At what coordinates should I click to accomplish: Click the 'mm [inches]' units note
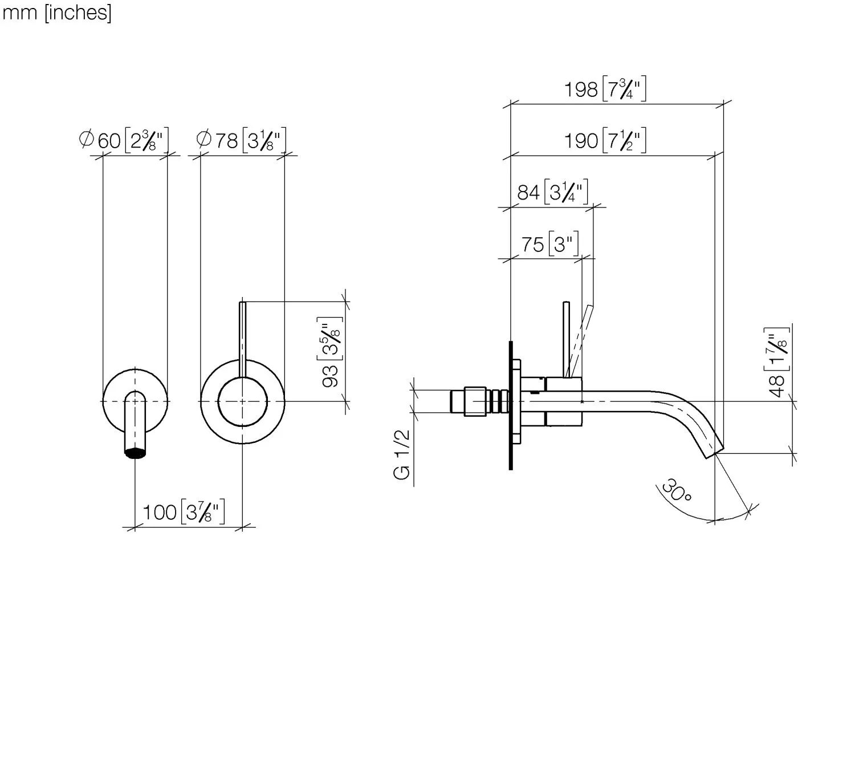click(56, 13)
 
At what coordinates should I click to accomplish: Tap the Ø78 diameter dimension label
click(241, 140)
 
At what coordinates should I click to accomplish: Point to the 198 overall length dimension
click(605, 89)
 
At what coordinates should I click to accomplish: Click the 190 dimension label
click(605, 140)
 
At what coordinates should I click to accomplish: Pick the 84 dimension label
click(553, 192)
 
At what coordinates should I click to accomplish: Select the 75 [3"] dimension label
click(550, 244)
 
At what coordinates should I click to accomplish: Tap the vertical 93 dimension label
click(331, 352)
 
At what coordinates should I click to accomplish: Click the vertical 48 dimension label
click(776, 363)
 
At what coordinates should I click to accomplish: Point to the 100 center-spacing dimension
click(184, 511)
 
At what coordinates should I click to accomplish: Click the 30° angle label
click(676, 490)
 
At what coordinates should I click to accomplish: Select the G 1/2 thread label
click(401, 455)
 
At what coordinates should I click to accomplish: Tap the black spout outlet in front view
click(135, 453)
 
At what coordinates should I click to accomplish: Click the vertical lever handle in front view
click(242, 340)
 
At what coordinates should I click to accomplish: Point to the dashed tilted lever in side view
click(581, 341)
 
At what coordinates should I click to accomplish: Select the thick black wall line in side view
click(511, 405)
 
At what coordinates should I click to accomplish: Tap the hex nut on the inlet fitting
click(475, 401)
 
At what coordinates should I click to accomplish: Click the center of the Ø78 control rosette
click(242, 401)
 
